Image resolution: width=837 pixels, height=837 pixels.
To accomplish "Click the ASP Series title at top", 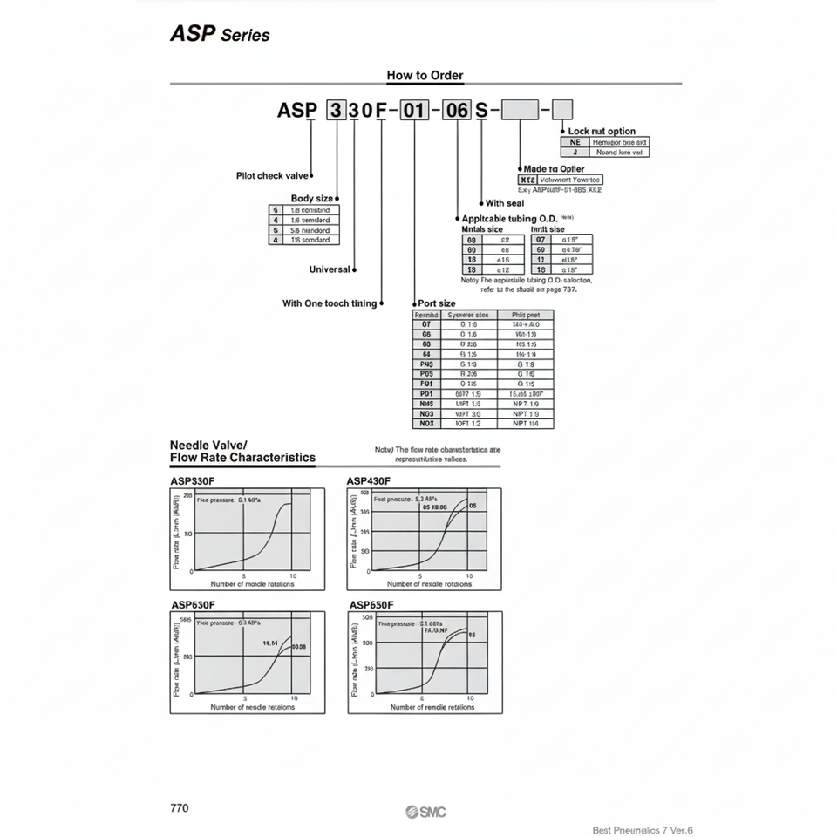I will pyautogui.click(x=219, y=35).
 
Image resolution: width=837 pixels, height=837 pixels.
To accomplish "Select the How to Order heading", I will pyautogui.click(x=425, y=75).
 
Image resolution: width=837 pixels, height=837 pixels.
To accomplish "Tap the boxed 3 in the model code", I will pyautogui.click(x=336, y=111).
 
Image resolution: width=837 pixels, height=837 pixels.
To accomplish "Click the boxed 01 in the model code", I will pyautogui.click(x=413, y=111).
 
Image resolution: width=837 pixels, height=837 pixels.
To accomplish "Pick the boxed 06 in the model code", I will pyautogui.click(x=457, y=111).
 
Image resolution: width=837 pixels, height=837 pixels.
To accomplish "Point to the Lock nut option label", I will pyautogui.click(x=602, y=132).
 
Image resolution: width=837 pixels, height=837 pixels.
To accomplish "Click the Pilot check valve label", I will pyautogui.click(x=272, y=176).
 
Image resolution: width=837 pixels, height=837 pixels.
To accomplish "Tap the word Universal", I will pyautogui.click(x=330, y=269).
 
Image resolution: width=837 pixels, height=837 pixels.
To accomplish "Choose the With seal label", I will pyautogui.click(x=504, y=203).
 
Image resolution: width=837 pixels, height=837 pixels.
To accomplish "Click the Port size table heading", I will pyautogui.click(x=437, y=303).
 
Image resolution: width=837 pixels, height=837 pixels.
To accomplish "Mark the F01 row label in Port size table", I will pyautogui.click(x=426, y=384).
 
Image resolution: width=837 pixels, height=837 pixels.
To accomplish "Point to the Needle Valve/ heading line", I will pyautogui.click(x=208, y=445).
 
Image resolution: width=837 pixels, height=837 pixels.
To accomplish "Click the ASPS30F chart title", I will pyautogui.click(x=193, y=481).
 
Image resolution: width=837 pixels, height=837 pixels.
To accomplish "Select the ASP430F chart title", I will pyautogui.click(x=368, y=481).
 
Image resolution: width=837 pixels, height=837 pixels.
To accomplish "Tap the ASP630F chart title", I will pyautogui.click(x=193, y=604).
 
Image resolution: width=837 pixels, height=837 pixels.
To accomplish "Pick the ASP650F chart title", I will pyautogui.click(x=371, y=604).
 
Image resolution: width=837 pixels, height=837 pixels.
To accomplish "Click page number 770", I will pyautogui.click(x=180, y=808).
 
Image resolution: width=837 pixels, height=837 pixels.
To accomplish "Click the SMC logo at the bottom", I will pyautogui.click(x=425, y=813).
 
